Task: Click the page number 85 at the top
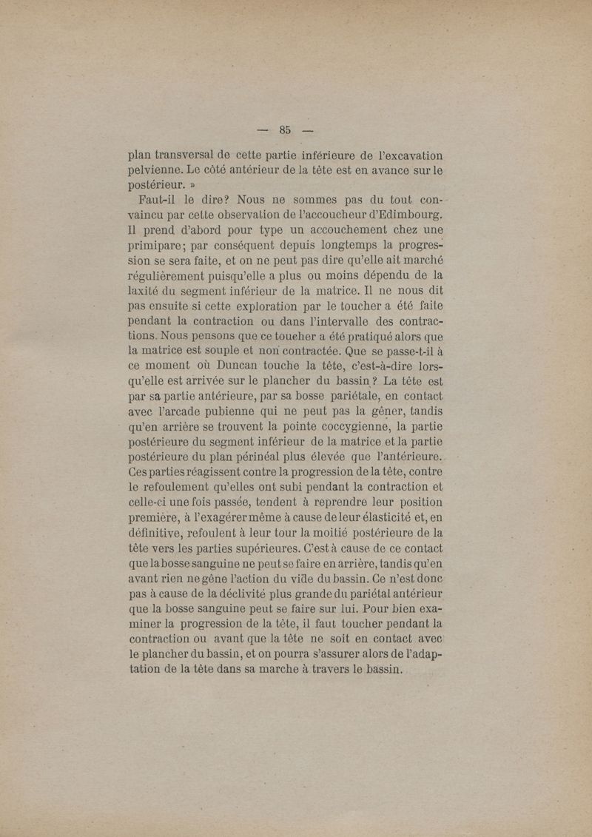coord(286,130)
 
